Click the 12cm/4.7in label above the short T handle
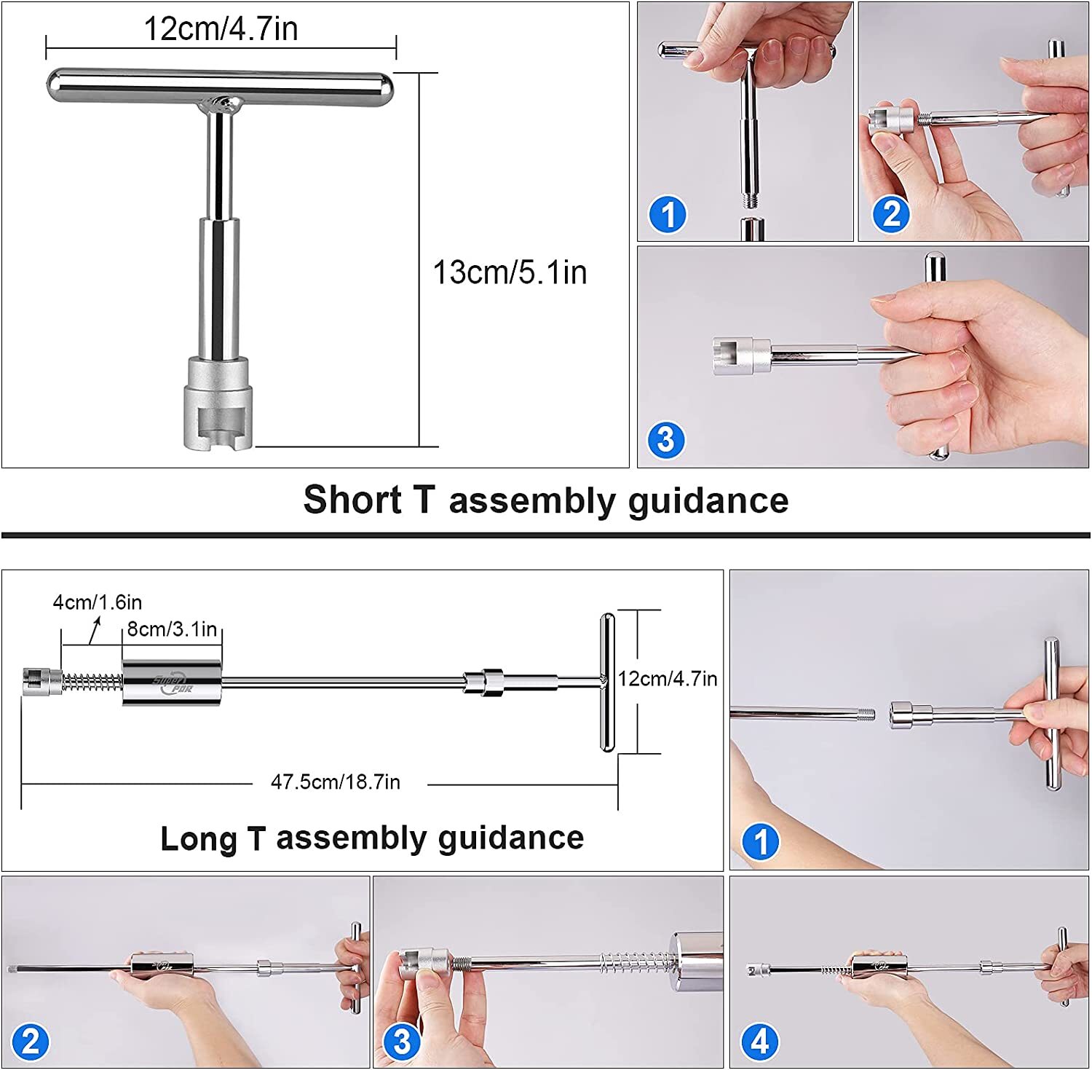(x=221, y=29)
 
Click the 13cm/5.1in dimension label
(x=510, y=272)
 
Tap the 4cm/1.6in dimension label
(x=97, y=602)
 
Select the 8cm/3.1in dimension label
(x=172, y=629)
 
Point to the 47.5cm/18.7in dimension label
(x=336, y=782)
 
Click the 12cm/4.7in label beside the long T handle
(x=668, y=679)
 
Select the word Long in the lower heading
(x=199, y=838)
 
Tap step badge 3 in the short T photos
(x=666, y=440)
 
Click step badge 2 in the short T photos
(x=892, y=214)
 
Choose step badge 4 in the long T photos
(x=759, y=1042)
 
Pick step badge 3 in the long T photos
(x=402, y=1042)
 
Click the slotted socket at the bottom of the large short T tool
(x=218, y=403)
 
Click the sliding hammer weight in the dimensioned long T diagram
(x=172, y=682)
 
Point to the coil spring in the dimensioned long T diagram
(x=91, y=682)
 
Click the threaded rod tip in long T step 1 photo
(x=866, y=714)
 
